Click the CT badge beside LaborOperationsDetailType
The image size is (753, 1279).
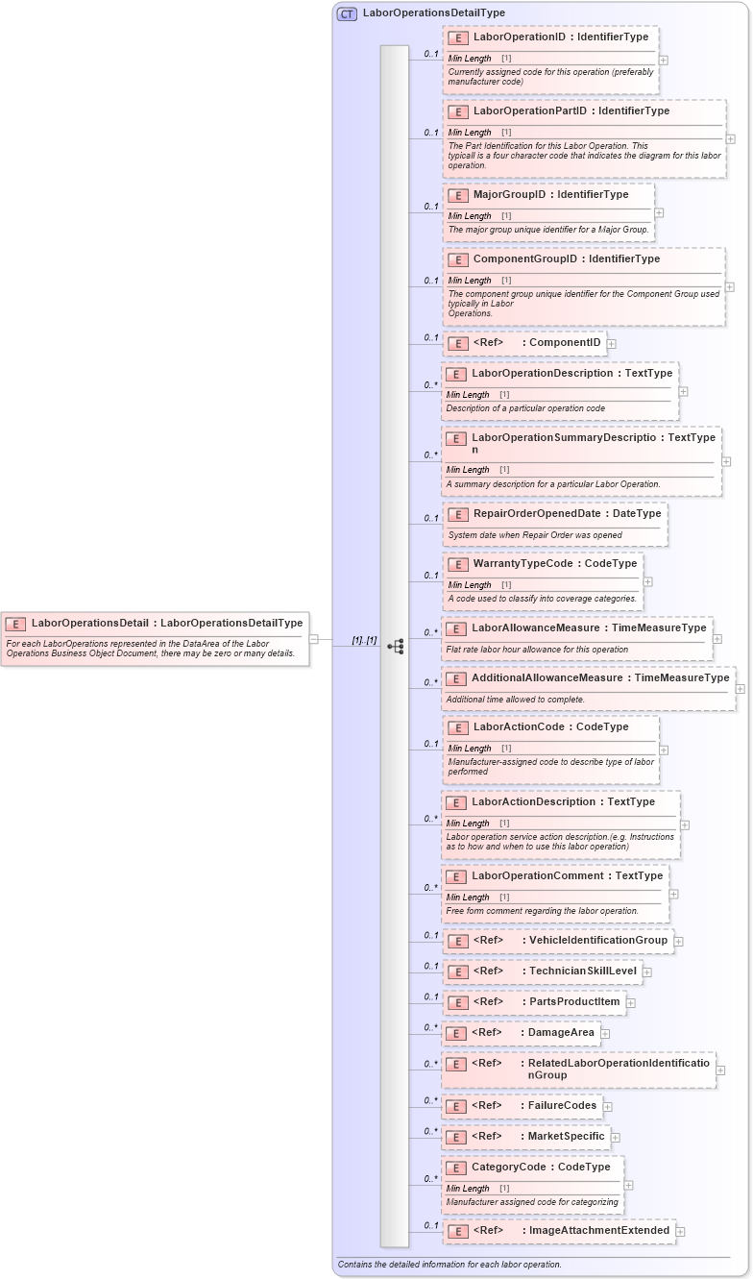[x=347, y=13]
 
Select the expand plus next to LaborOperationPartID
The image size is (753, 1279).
[x=731, y=138]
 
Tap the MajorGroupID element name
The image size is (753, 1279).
[x=509, y=195]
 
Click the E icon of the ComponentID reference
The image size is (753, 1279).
[x=458, y=343]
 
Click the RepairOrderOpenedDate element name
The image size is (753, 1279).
[x=536, y=514]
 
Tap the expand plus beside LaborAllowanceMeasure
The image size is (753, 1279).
[x=717, y=638]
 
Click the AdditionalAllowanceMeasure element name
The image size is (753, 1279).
[x=547, y=678]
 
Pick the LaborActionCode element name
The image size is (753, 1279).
[x=520, y=727]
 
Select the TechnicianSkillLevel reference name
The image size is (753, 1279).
[x=583, y=972]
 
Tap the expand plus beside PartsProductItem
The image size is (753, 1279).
[x=631, y=1003]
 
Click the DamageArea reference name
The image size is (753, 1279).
[x=562, y=1033]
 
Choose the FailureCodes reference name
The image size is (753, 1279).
[x=562, y=1106]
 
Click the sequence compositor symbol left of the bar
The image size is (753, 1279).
[x=395, y=647]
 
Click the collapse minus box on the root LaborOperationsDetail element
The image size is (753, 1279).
[x=313, y=639]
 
